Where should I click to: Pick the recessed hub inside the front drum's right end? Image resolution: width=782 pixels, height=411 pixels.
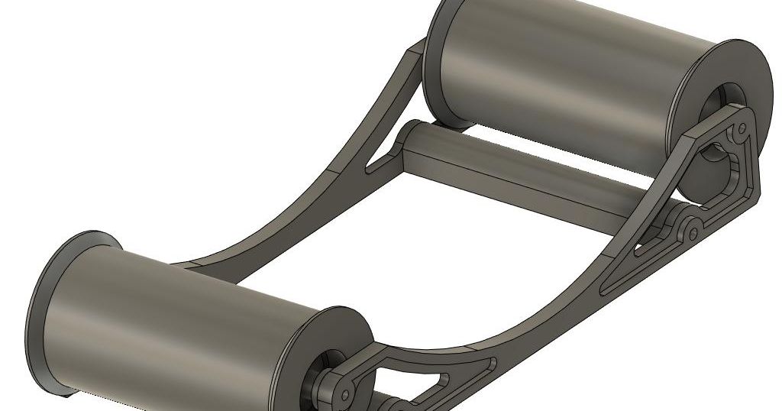pyautogui.click(x=325, y=367)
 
